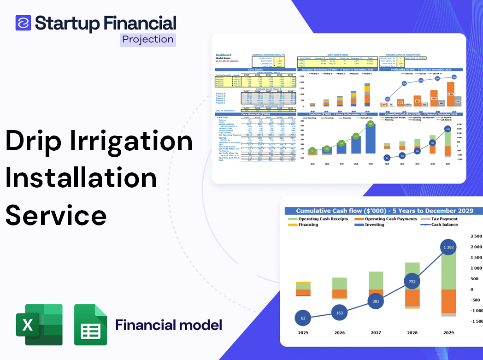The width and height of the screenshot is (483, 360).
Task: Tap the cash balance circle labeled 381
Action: [375, 301]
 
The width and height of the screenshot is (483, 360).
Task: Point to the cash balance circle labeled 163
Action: [339, 313]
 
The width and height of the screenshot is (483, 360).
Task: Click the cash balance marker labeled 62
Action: [303, 318]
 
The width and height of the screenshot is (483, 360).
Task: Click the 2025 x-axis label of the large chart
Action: [303, 332]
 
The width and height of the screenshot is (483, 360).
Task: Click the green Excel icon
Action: [39, 325]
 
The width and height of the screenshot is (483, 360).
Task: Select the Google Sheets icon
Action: [90, 325]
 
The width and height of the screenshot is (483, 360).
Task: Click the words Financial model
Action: [168, 325]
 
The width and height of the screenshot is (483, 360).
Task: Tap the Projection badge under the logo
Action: [148, 39]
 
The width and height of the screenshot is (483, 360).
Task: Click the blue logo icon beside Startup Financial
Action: [23, 23]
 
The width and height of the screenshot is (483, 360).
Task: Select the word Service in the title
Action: [56, 215]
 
